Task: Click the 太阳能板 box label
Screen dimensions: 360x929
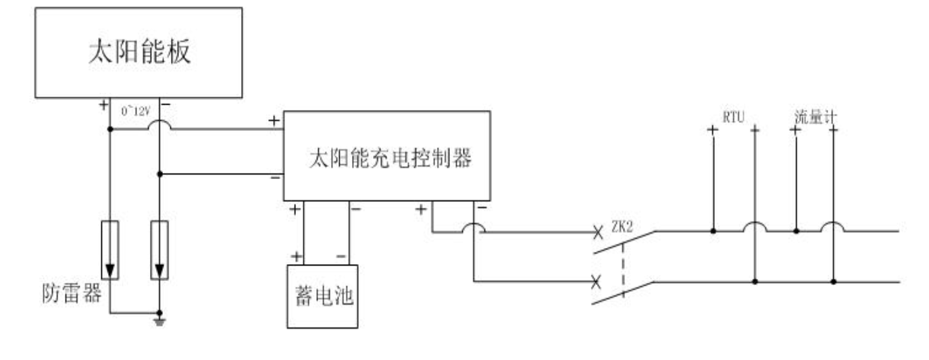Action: point(139,53)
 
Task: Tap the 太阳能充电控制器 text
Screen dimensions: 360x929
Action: point(389,157)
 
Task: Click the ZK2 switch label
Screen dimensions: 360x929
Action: point(622,227)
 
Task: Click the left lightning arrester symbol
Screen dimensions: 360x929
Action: point(109,250)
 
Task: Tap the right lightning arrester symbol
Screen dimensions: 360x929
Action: point(159,250)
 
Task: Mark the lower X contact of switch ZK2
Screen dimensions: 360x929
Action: point(596,282)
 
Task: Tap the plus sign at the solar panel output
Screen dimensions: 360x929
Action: point(103,105)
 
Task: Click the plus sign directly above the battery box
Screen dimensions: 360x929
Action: point(295,256)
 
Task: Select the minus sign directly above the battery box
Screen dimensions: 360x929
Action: point(341,257)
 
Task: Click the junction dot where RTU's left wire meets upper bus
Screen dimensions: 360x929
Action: point(713,231)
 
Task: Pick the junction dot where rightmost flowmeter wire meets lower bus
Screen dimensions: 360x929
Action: point(834,281)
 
